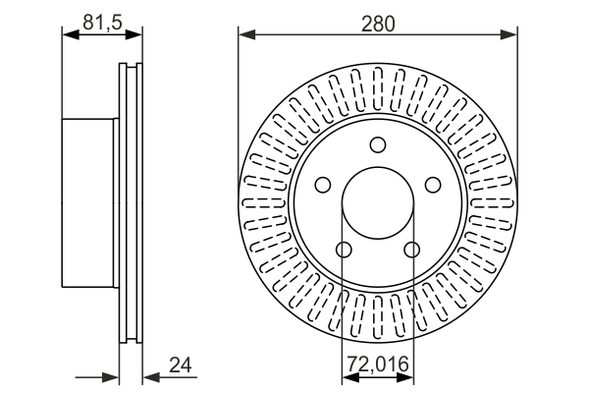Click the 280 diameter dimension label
click(378, 24)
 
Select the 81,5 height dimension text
click(102, 23)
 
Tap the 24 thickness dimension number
click(181, 365)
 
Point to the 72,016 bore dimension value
click(378, 364)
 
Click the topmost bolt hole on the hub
click(378, 144)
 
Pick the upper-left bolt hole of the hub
click(323, 185)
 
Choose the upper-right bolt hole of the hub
click(433, 185)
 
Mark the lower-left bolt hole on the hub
click(344, 250)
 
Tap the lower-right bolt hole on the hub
click(412, 250)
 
